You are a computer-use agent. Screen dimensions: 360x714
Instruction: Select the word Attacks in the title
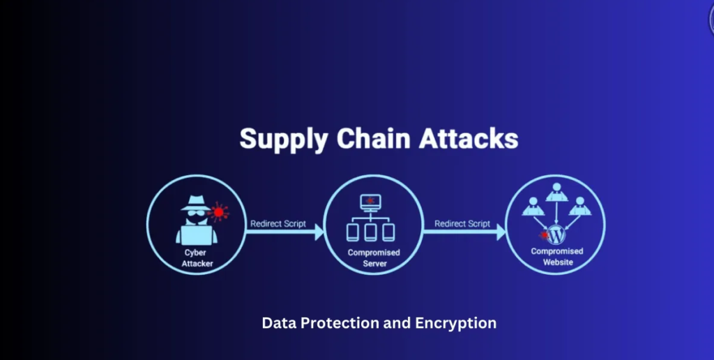tap(468, 138)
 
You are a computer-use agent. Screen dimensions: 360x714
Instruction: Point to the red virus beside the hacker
tap(220, 211)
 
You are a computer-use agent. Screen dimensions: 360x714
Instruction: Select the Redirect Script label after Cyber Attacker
tap(278, 224)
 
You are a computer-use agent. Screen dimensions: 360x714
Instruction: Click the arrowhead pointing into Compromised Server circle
tap(319, 233)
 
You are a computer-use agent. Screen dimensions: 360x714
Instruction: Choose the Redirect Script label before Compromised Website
tap(462, 224)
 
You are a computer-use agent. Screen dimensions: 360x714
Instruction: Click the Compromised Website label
tap(557, 257)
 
